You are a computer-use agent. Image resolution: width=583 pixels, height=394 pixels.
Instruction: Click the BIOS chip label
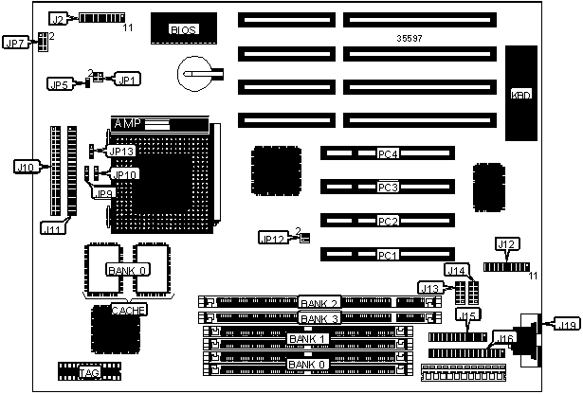click(182, 30)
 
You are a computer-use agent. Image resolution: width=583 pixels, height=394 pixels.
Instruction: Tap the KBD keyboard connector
click(520, 95)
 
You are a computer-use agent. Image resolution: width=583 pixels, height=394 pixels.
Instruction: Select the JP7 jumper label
click(16, 43)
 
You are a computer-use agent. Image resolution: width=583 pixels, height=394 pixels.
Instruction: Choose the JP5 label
click(58, 84)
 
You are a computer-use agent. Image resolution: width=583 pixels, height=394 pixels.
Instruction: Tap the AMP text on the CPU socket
click(126, 124)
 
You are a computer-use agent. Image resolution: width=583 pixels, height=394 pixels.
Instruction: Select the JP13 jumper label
click(122, 151)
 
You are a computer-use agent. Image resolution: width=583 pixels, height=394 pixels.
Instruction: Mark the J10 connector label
click(26, 168)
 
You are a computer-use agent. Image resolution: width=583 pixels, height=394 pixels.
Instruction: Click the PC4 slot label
click(386, 153)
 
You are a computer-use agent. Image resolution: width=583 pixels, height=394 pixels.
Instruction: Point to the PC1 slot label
click(386, 256)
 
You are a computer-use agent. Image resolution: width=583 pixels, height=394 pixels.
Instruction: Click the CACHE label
click(128, 310)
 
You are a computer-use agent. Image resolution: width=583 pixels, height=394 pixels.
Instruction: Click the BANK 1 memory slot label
click(307, 339)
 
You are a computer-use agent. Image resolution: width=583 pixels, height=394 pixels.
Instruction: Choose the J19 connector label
click(566, 327)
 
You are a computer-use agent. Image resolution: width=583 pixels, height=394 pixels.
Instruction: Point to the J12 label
click(506, 245)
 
